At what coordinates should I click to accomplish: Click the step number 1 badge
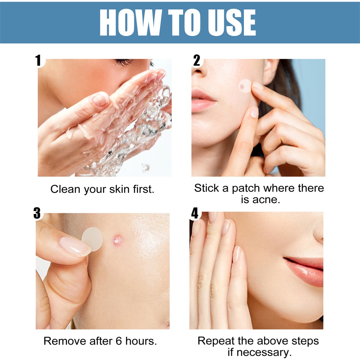38,60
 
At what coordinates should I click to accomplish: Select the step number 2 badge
196,60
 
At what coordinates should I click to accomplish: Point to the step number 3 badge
37,213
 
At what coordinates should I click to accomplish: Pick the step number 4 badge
195,213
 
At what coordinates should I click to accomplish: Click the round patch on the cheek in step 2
245,86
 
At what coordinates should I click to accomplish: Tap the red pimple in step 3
117,240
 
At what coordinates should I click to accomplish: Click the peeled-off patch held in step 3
92,238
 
